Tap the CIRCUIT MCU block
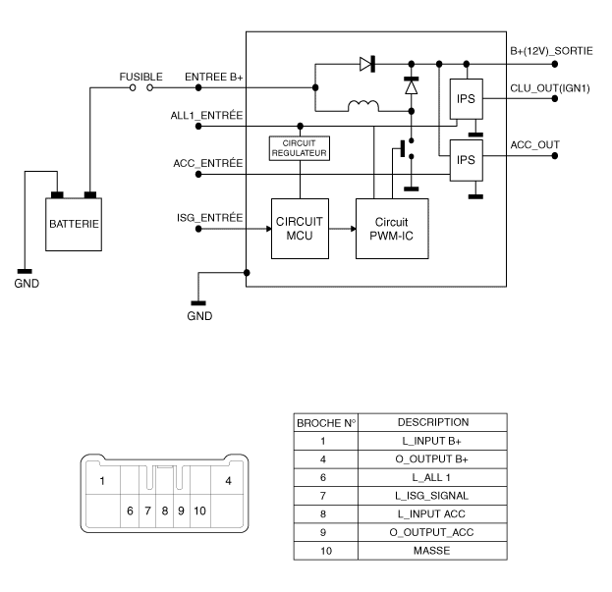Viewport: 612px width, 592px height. [x=298, y=228]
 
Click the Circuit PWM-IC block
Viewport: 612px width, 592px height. [x=391, y=228]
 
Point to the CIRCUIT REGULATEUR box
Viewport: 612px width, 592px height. [x=299, y=148]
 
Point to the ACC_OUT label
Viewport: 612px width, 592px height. [x=534, y=143]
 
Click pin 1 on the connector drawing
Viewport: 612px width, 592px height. [x=101, y=481]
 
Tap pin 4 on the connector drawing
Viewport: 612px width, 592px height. [x=228, y=481]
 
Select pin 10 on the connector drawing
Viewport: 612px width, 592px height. [x=198, y=511]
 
